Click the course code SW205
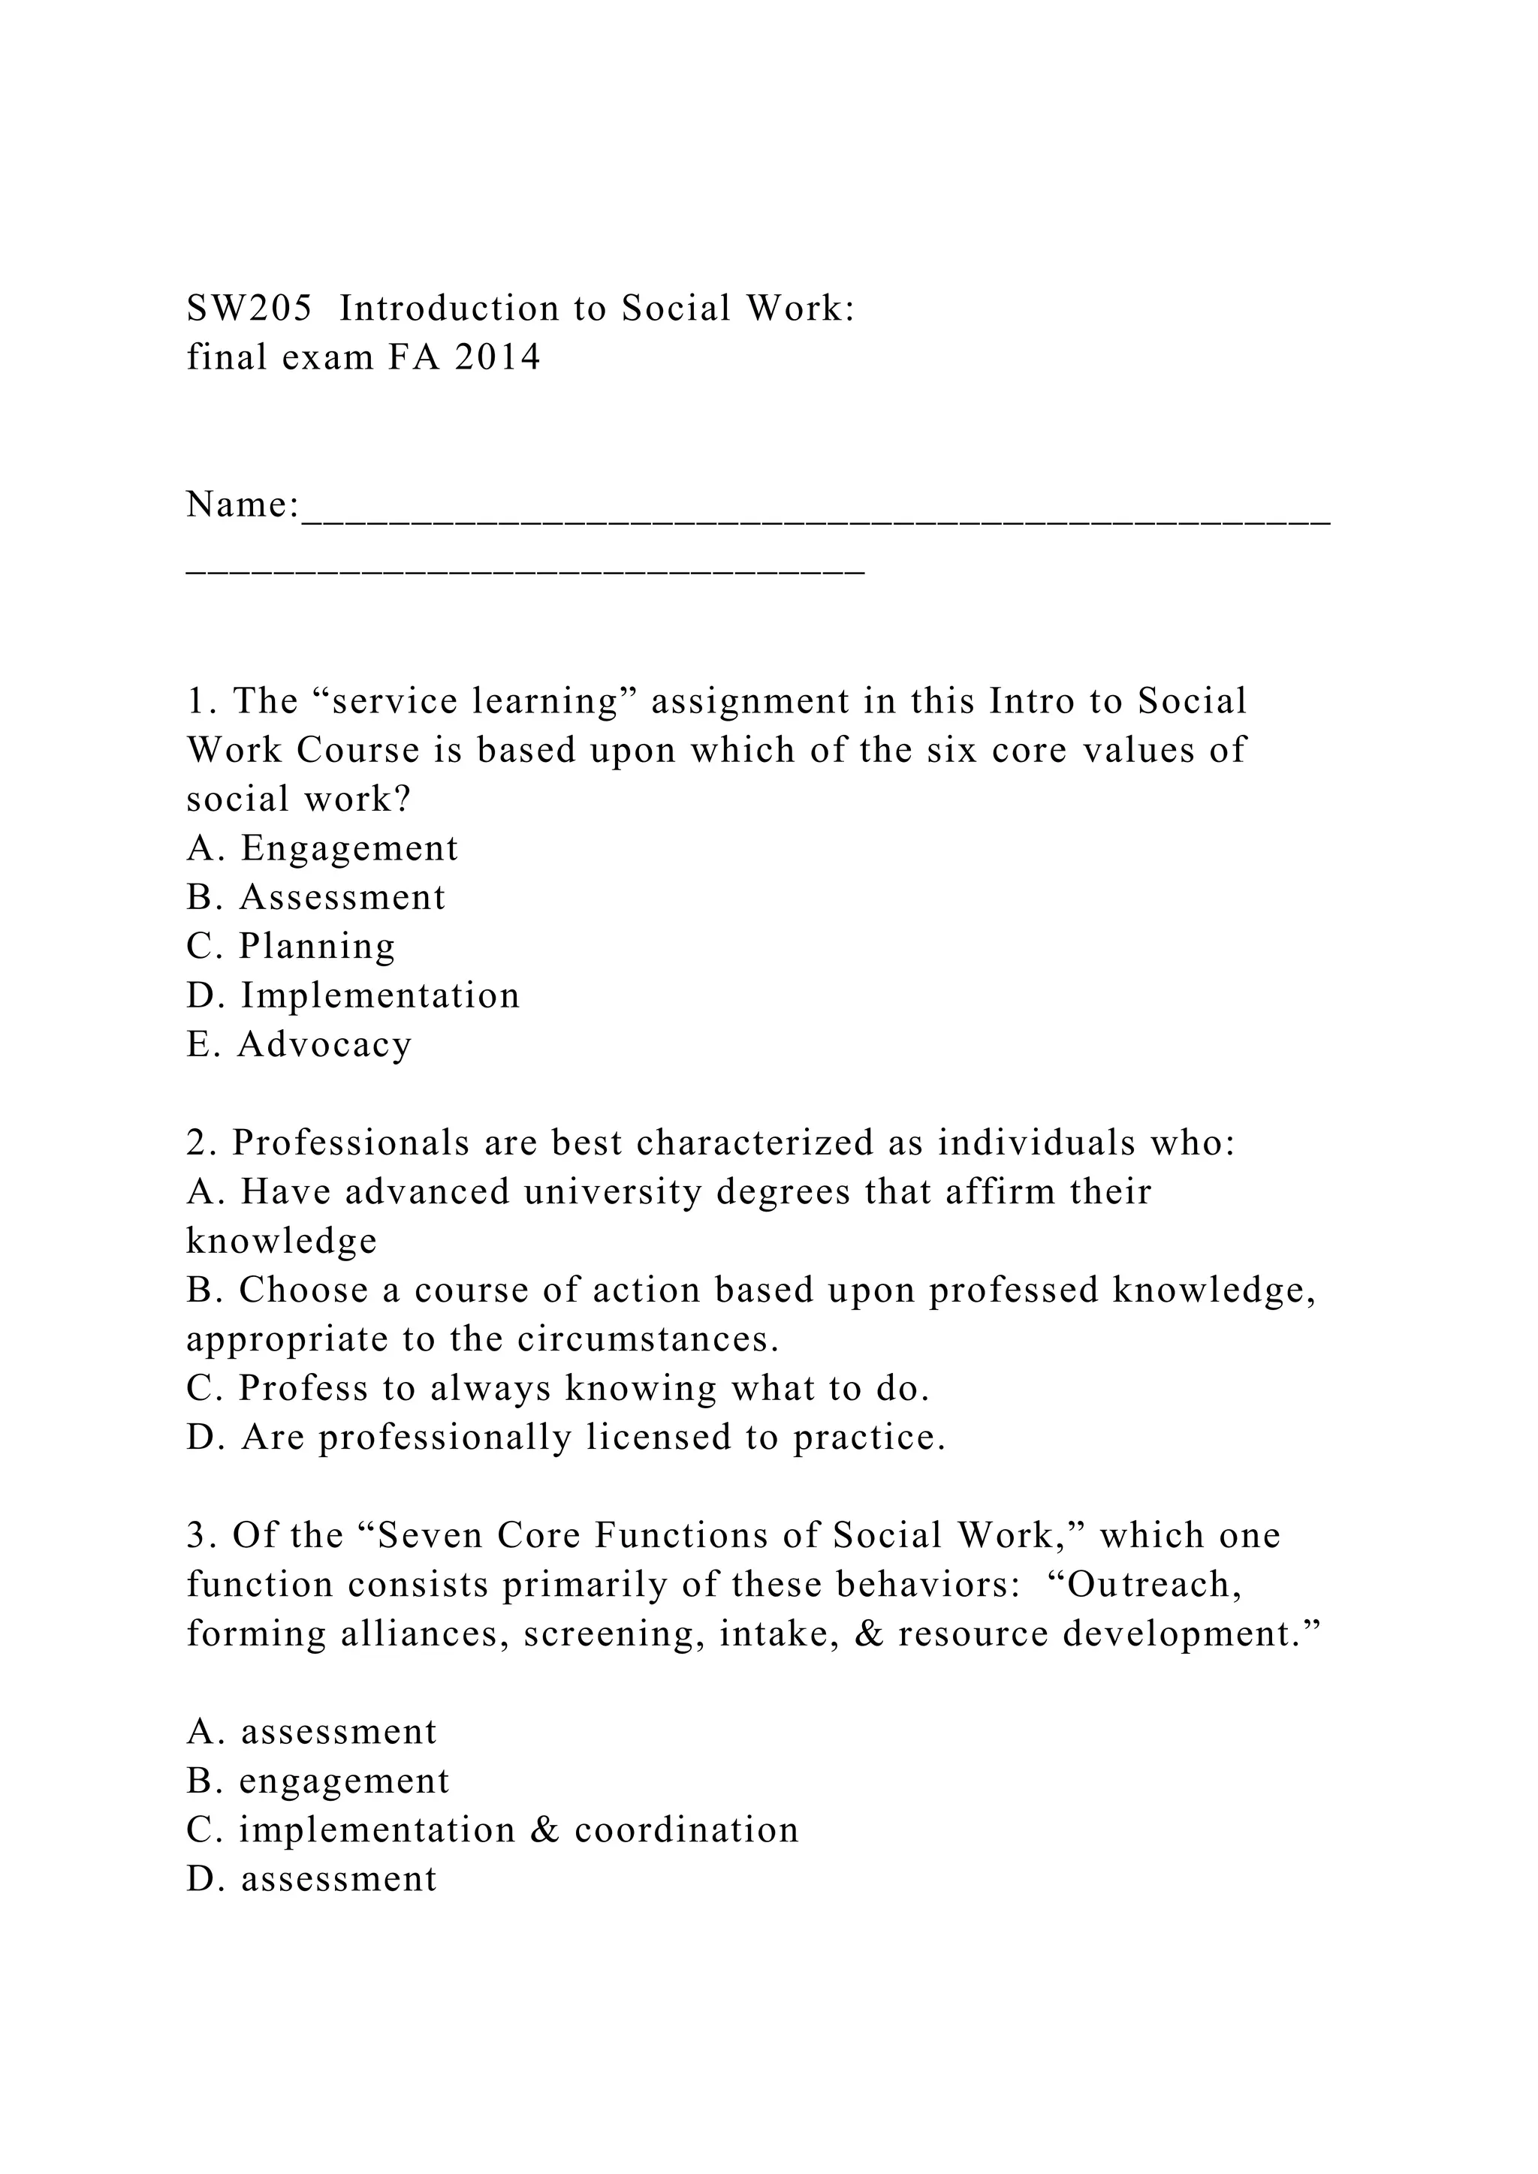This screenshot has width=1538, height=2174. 249,309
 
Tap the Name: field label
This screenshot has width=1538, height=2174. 243,504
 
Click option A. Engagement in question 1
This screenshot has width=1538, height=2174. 322,848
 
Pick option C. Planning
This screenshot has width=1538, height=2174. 291,946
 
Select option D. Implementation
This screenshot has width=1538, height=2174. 353,995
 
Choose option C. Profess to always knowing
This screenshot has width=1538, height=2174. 558,1388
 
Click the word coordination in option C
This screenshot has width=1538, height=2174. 686,1830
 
